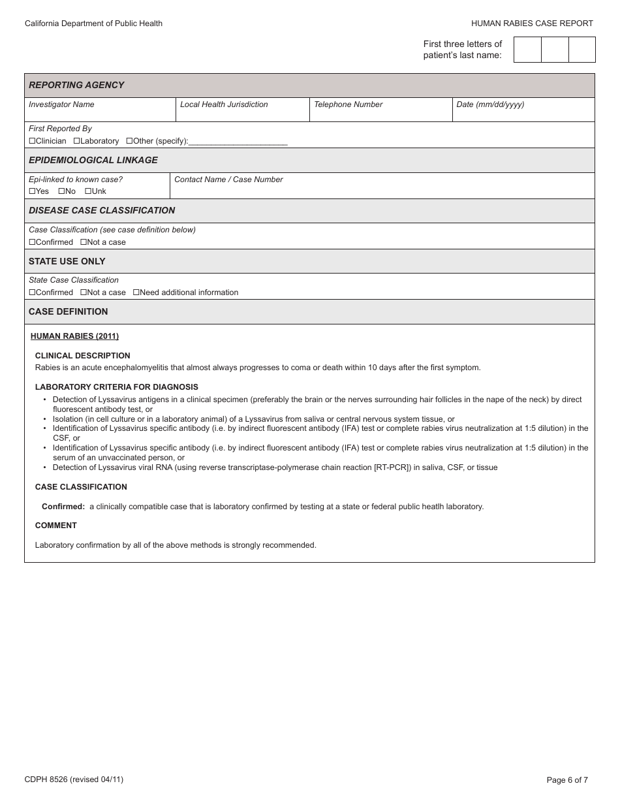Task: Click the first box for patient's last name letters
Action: click(527, 50)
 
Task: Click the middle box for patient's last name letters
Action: click(555, 50)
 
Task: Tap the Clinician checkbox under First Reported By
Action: click(32, 141)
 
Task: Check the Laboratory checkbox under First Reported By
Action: click(76, 141)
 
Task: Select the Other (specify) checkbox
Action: click(129, 141)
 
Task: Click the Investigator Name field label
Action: click(61, 104)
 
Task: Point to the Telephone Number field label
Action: click(348, 104)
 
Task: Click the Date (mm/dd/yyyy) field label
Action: click(490, 104)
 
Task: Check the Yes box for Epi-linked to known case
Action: click(32, 191)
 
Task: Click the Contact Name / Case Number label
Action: click(228, 180)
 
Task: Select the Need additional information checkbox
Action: click(136, 292)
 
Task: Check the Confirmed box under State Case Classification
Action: click(32, 292)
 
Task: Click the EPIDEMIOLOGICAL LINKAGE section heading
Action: click(93, 160)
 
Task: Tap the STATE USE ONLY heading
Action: click(67, 261)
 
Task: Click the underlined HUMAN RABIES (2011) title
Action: click(74, 336)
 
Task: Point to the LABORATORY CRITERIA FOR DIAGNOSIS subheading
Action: click(116, 387)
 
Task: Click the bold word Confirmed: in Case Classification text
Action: click(63, 507)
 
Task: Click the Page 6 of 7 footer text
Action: click(567, 779)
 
